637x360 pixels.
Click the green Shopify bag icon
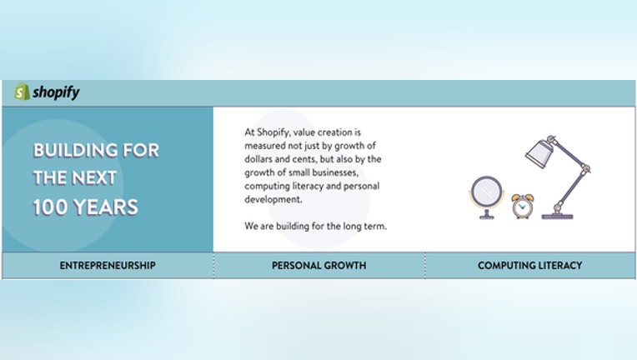pos(22,92)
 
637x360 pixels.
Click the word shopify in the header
pos(56,92)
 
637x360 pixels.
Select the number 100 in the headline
pos(50,207)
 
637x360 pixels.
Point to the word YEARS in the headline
pos(106,207)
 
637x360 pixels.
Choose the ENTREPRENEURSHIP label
pos(108,266)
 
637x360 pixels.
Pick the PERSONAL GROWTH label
pos(318,266)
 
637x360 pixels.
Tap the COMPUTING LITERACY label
pos(529,266)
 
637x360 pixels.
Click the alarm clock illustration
pos(523,206)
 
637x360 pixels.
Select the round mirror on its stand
pos(487,197)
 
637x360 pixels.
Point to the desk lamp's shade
pos(539,153)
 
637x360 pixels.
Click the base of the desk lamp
pos(557,216)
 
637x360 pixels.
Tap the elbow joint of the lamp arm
pos(585,168)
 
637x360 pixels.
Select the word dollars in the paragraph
pos(258,159)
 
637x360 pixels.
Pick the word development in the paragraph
pos(273,200)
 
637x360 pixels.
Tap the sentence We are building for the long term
pos(316,226)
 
